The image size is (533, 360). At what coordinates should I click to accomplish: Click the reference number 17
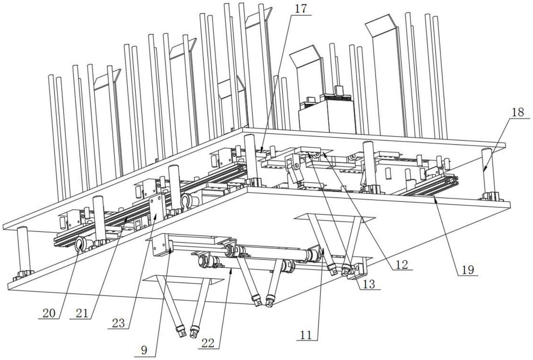300,9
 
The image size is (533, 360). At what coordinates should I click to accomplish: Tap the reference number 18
517,112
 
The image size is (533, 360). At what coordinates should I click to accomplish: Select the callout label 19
468,270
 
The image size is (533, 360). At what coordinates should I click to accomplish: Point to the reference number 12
401,265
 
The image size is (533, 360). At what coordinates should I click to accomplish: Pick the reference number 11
306,335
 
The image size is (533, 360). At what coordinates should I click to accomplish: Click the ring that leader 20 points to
80,244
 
